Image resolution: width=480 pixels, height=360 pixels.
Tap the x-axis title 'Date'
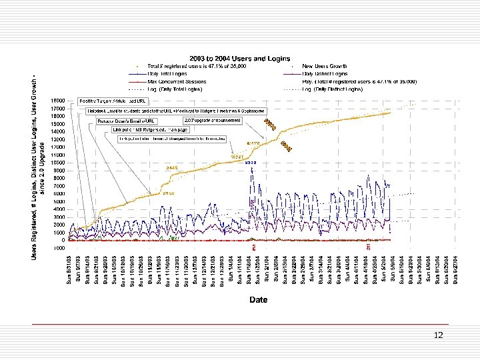click(x=258, y=300)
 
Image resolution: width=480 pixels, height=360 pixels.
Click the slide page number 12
click(x=438, y=335)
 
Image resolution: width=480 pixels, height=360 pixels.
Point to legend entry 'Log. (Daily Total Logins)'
click(x=177, y=88)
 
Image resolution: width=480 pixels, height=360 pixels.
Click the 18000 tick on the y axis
click(x=58, y=101)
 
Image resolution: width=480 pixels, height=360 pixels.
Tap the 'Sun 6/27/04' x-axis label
click(x=456, y=268)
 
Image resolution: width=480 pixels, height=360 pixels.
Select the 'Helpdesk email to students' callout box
click(x=177, y=111)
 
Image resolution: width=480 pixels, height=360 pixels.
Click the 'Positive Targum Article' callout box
click(x=113, y=101)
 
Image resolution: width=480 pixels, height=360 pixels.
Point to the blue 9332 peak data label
click(x=251, y=162)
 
